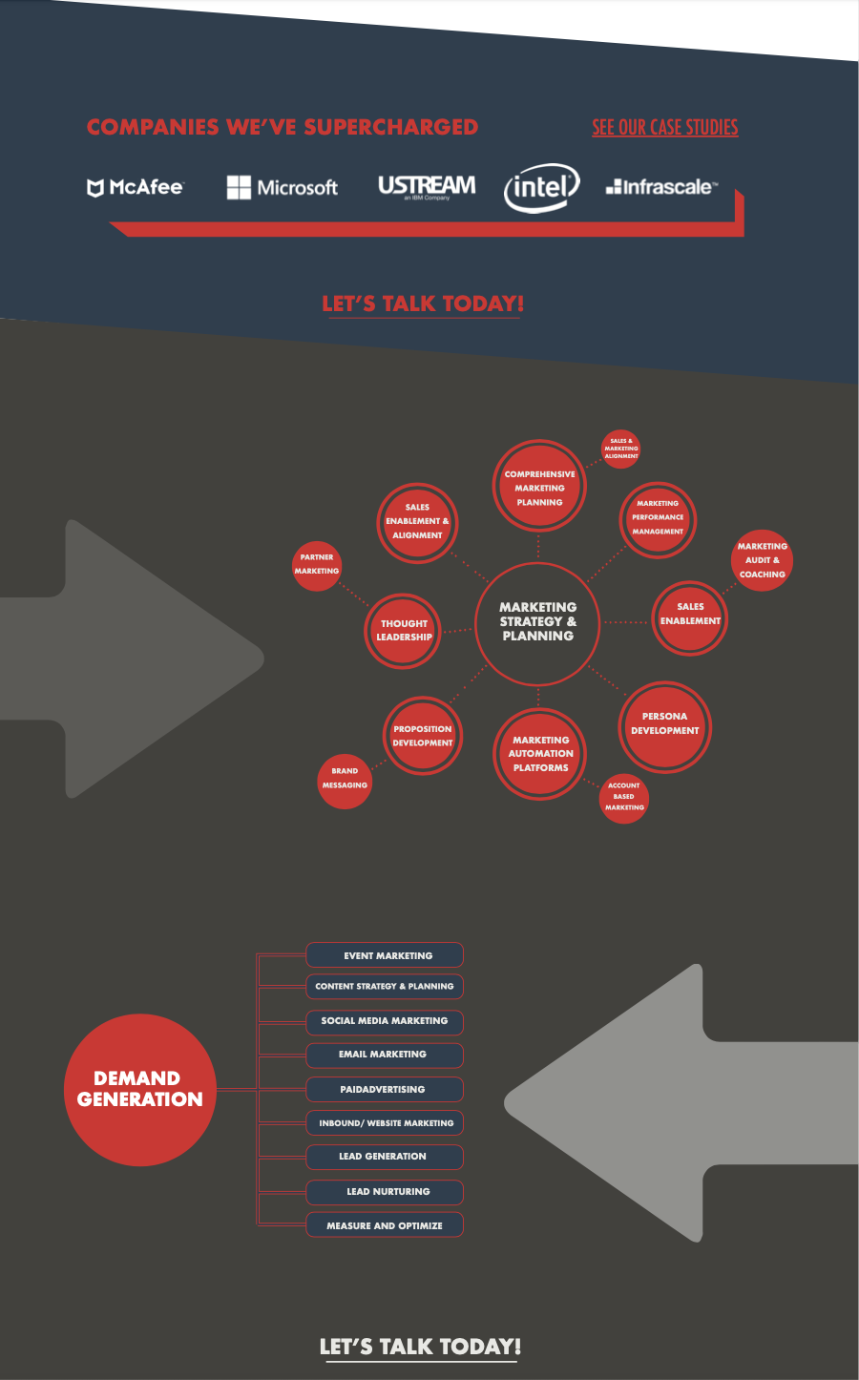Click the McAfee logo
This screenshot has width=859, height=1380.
point(135,187)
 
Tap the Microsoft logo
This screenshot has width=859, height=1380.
point(283,187)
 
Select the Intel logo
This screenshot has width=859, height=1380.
point(541,187)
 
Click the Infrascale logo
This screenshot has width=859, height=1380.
point(661,187)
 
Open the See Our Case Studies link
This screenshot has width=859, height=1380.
point(664,127)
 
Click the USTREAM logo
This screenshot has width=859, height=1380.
point(427,186)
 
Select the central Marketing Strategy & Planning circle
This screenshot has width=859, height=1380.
point(537,622)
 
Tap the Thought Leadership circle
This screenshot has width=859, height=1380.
point(404,630)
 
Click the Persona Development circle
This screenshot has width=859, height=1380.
point(664,724)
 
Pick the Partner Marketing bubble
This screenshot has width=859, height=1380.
point(317,564)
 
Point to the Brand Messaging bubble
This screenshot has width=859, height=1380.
point(345,779)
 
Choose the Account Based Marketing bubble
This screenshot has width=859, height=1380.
point(624,797)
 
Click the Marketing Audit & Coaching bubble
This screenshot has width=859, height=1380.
point(762,560)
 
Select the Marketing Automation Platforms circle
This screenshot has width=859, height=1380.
point(540,754)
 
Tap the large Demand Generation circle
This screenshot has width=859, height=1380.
point(140,1089)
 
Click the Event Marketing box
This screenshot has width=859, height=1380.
point(385,955)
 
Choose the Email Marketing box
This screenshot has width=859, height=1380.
point(385,1055)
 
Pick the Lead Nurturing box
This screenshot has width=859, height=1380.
point(385,1192)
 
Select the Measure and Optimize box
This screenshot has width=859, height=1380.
point(385,1225)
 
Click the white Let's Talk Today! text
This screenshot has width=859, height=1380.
point(420,1347)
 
